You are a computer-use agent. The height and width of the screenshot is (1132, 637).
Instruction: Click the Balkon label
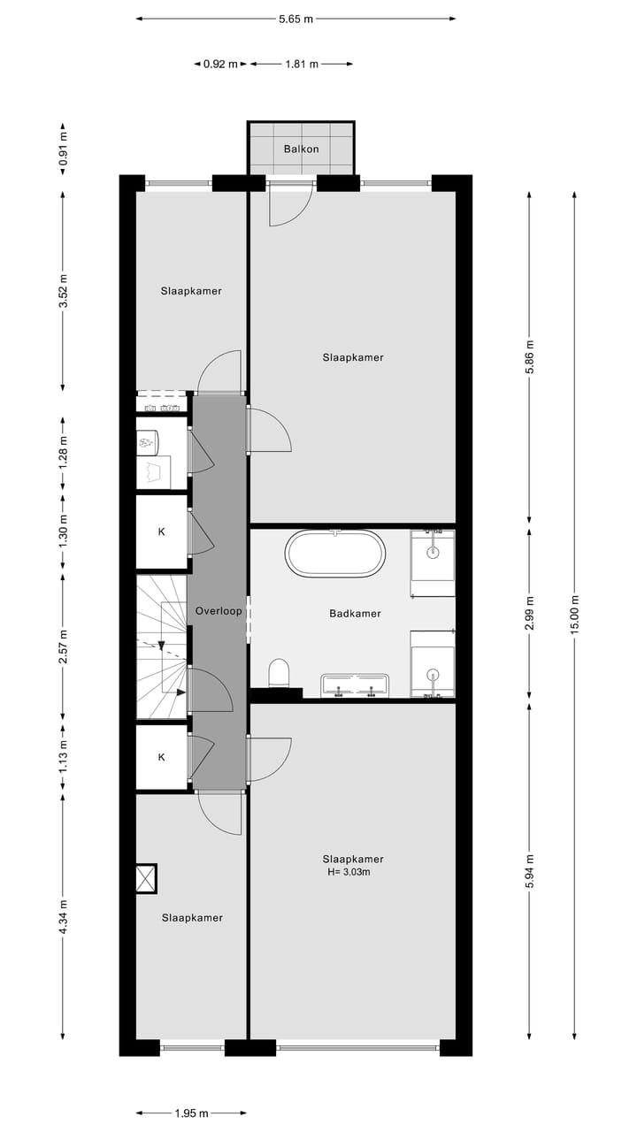tap(301, 149)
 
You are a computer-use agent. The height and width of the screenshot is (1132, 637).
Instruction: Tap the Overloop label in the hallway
tap(219, 611)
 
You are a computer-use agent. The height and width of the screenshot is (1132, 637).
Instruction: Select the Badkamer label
tap(355, 613)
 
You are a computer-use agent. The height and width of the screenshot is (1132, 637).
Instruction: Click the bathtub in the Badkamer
tap(335, 555)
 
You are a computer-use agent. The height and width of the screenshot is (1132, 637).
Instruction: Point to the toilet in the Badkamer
tap(279, 673)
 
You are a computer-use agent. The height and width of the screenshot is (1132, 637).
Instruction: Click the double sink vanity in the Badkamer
tap(356, 685)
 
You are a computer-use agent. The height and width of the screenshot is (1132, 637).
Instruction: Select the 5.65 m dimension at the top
tap(295, 18)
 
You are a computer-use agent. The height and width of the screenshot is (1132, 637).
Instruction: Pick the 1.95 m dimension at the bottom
tap(191, 1113)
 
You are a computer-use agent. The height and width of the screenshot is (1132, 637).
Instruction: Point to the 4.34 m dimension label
tap(63, 917)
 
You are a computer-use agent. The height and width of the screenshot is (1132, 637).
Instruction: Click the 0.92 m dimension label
tap(220, 64)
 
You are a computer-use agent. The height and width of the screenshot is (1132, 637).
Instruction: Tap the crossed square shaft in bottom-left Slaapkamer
tap(146, 879)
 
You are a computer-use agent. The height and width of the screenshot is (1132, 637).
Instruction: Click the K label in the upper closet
tap(161, 532)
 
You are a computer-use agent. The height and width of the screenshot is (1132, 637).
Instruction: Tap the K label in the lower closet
tap(161, 757)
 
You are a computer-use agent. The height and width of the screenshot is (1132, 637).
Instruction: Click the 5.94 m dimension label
tap(529, 870)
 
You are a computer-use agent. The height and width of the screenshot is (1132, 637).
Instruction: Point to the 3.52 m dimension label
tap(63, 291)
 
